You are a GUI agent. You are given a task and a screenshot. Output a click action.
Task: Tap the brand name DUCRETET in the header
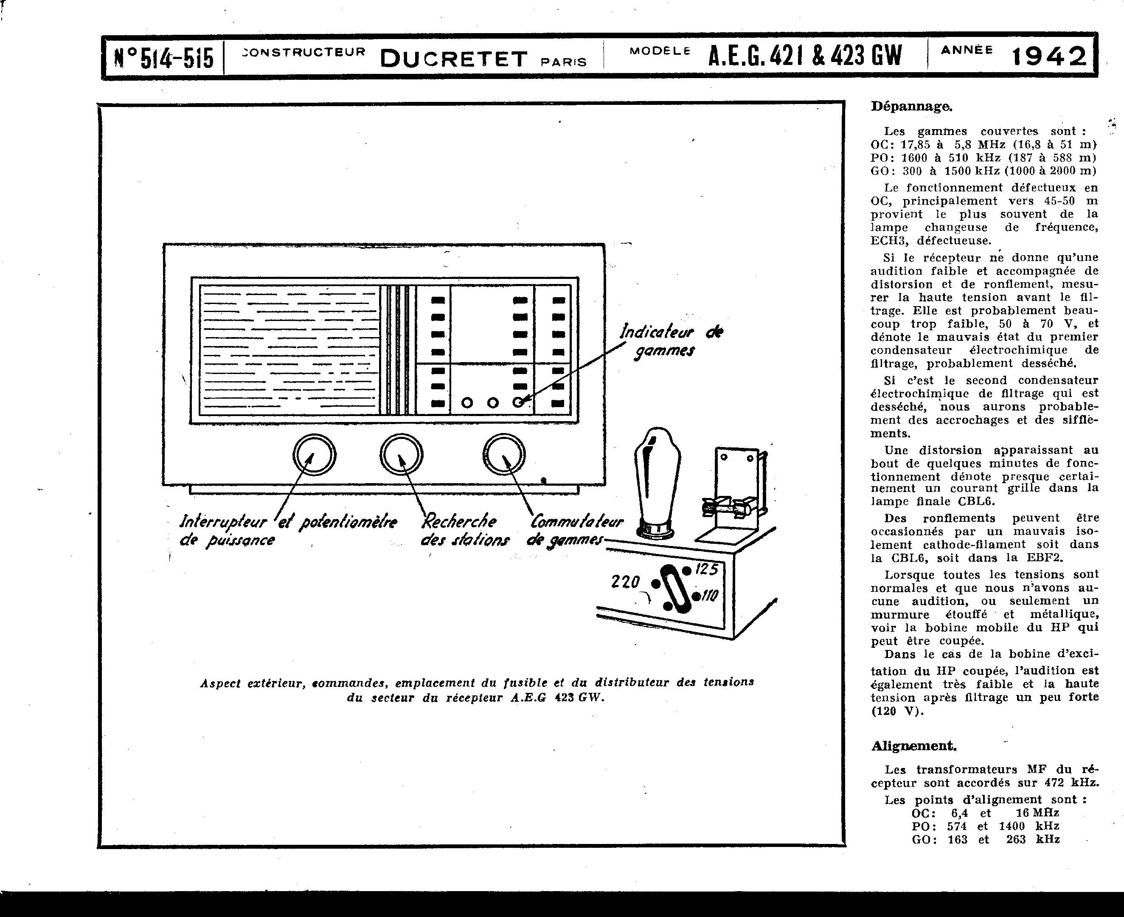coord(453,59)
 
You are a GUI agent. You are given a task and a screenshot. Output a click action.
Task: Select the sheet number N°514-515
coord(164,58)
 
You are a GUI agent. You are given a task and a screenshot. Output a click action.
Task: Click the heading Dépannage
coord(911,106)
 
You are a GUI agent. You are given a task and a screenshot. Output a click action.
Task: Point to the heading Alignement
coord(913,746)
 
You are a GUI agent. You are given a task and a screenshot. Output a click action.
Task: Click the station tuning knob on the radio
coord(401,454)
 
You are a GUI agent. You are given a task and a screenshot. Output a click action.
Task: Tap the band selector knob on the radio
coord(504,454)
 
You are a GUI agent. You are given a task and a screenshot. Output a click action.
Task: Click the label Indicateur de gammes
coord(671,341)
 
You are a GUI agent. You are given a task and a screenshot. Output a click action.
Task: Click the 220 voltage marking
coord(625,582)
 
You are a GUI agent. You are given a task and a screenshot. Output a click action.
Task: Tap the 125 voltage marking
coord(706,569)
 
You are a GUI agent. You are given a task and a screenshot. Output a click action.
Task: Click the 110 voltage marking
coord(709,596)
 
